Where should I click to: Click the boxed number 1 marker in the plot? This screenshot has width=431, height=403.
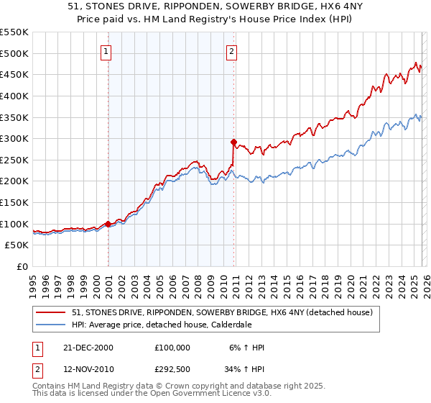pos(106,50)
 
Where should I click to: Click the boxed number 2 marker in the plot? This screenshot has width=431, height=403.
pos(233,50)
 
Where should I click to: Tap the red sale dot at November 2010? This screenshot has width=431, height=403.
pos(233,142)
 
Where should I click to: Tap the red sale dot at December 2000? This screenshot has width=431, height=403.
pos(108,224)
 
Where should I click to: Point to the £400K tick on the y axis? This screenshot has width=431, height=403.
pos(14,96)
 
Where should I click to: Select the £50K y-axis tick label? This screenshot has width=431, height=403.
pos(17,245)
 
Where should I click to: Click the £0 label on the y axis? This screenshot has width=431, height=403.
pos(22,267)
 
